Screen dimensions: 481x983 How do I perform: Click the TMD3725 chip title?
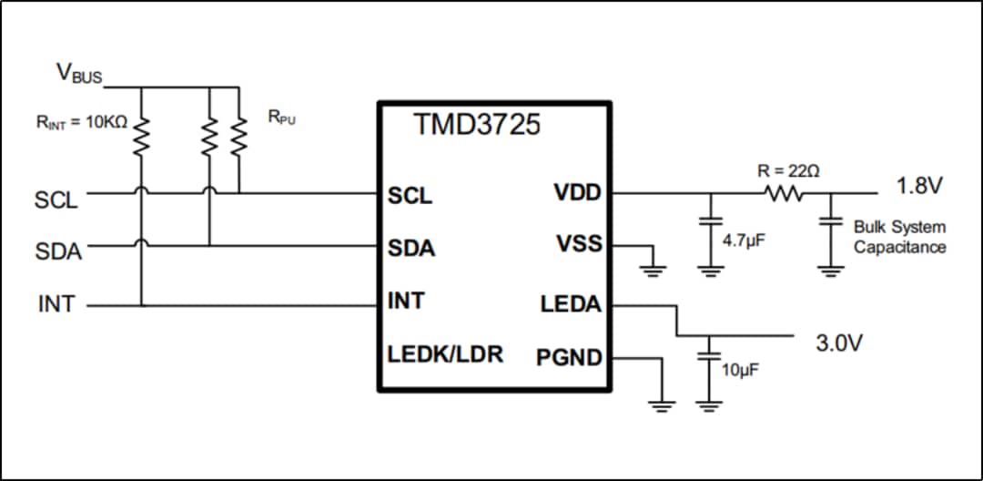point(477,125)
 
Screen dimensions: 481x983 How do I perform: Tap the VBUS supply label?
point(79,74)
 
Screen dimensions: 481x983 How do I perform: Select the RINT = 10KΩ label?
point(81,122)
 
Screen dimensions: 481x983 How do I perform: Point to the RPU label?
point(281,119)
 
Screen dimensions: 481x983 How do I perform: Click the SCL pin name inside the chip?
point(410,196)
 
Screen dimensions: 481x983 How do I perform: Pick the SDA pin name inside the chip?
point(411,248)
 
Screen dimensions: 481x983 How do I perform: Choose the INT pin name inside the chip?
point(406,301)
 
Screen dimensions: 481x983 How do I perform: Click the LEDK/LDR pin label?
point(445,353)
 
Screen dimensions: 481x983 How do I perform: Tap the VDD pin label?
point(577,194)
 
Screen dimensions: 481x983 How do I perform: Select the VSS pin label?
point(579,244)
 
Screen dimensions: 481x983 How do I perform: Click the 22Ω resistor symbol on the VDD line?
point(784,194)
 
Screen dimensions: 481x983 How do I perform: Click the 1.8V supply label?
point(919,187)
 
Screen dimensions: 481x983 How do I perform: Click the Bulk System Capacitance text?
point(899,237)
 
